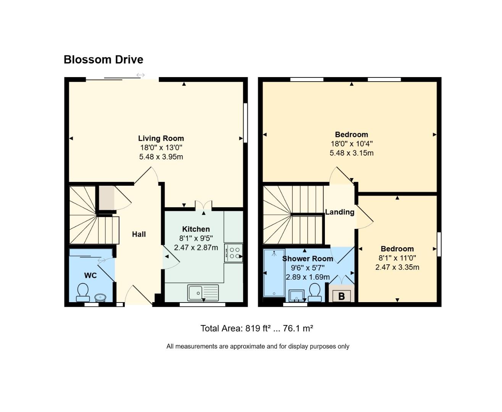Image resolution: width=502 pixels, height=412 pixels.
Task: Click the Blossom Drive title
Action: (103, 60)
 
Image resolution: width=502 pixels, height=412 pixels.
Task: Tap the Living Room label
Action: (161, 138)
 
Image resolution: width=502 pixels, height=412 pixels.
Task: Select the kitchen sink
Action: (203, 293)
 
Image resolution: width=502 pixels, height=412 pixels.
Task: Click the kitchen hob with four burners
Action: (233, 253)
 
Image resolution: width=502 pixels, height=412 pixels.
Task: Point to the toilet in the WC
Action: (82, 293)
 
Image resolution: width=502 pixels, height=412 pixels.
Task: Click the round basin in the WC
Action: (100, 298)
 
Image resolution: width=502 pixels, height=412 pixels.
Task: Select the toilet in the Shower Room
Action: (315, 292)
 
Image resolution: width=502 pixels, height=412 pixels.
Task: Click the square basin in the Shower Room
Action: (296, 296)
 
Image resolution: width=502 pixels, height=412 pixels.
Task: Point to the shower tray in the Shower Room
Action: (274, 273)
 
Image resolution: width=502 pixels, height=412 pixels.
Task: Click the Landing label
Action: (340, 212)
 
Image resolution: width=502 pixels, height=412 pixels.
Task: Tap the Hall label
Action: (139, 234)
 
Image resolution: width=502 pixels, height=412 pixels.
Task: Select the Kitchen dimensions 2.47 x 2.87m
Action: (196, 248)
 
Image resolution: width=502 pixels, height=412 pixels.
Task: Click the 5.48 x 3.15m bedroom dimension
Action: (351, 153)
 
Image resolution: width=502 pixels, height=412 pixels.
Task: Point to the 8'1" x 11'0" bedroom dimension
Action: (397, 258)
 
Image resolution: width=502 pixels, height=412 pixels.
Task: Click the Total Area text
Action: (257, 328)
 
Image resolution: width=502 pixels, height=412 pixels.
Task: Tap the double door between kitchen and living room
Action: (203, 206)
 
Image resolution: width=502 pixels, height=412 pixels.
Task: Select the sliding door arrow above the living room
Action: (140, 75)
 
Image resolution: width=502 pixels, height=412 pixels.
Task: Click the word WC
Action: (90, 275)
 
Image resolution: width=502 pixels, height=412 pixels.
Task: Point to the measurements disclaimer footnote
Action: (258, 346)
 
